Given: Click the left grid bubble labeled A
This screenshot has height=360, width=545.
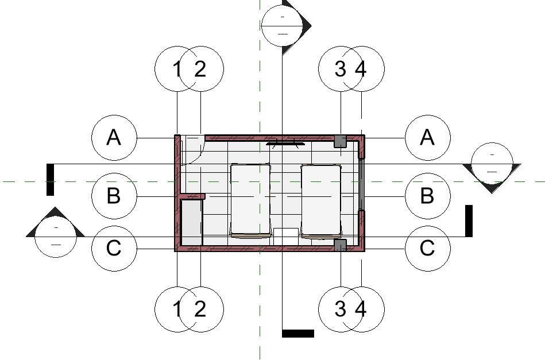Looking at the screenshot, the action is tap(114, 138).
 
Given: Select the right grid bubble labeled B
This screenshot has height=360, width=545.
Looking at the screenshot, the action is tap(427, 196).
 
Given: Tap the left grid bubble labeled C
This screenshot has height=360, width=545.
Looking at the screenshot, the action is tap(114, 249).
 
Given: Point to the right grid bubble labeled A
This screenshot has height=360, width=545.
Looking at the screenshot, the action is tap(427, 138).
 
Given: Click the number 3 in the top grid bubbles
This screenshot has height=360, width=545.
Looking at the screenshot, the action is tap(340, 69).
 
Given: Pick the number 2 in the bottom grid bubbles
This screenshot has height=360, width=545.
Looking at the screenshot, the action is tap(200, 309).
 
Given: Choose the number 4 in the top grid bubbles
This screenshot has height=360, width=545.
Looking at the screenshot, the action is tap(361, 69).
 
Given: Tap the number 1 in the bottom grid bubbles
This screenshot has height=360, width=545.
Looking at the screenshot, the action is tap(177, 309).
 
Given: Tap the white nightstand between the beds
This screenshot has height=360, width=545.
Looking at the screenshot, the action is tap(285, 235).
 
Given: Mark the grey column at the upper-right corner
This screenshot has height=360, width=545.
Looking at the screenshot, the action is tap(341, 141).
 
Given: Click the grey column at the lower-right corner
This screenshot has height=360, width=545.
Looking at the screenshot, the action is tap(341, 245).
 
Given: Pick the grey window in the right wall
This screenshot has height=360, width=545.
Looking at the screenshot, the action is tap(362, 184).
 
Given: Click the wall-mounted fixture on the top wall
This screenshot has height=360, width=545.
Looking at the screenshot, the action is tap(285, 143).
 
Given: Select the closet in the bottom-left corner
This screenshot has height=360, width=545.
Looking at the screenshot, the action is tap(192, 222).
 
